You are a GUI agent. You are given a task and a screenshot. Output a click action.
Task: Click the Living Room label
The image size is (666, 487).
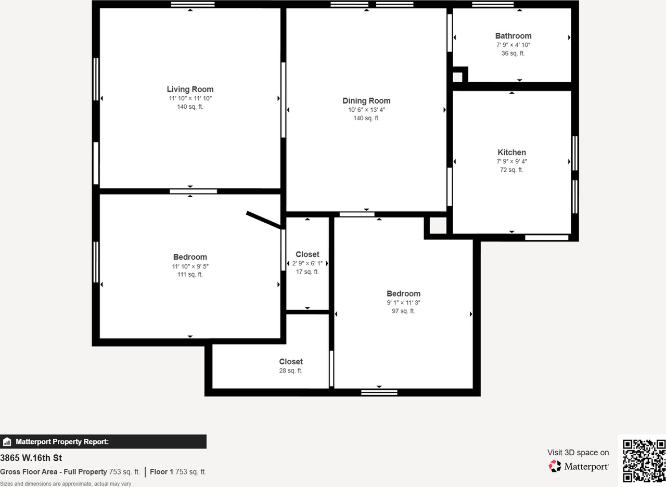tap(190, 89)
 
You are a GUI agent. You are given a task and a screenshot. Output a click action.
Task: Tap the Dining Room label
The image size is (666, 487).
tap(366, 101)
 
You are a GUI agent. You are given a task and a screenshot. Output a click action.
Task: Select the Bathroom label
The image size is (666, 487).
tap(513, 36)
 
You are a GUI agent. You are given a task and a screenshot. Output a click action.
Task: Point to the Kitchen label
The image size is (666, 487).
tap(512, 152)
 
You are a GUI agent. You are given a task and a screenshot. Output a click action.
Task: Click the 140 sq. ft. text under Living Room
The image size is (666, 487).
tap(190, 107)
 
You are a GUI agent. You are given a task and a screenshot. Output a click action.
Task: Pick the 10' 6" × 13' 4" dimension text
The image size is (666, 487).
tap(366, 110)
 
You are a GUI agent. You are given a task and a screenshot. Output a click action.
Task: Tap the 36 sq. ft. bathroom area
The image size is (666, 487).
tap(513, 53)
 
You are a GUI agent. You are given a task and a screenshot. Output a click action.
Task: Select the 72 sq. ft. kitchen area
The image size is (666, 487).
tap(512, 170)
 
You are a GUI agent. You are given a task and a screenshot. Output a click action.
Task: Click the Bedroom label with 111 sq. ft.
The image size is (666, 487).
tap(190, 257)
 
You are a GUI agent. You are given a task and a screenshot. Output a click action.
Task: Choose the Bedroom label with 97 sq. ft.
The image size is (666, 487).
tap(403, 293)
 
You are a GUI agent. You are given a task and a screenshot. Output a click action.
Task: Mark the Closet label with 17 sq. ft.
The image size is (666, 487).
tap(307, 254)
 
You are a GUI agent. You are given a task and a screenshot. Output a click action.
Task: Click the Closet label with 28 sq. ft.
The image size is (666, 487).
tap(291, 362)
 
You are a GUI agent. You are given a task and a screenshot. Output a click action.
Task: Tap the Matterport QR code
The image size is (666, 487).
tap(644, 460)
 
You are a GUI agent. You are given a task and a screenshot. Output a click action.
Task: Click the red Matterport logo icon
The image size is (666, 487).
tap(555, 466)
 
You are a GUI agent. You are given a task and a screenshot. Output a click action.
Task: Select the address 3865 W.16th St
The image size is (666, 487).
tap(31, 458)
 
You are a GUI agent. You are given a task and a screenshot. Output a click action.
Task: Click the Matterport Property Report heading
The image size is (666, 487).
tap(62, 442)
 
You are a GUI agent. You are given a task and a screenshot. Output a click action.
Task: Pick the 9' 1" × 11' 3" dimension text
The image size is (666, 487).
tap(403, 302)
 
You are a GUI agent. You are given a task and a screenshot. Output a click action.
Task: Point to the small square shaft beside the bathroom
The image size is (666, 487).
tap(457, 77)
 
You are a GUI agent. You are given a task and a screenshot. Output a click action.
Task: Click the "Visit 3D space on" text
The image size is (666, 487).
tap(578, 453)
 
